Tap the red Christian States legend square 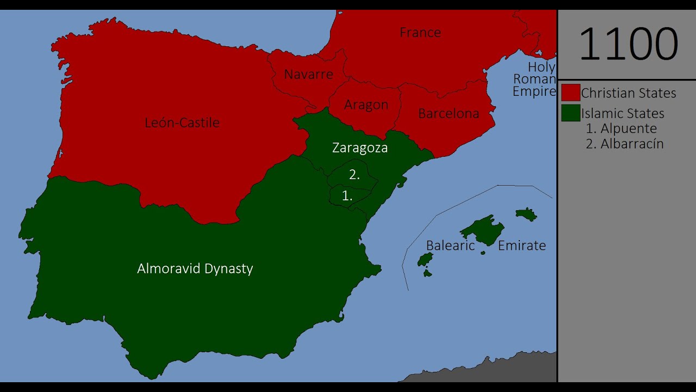(570, 93)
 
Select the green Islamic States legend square (570, 113)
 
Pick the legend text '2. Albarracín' (625, 144)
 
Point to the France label (420, 33)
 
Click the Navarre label (308, 75)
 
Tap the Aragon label (366, 105)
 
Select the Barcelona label (449, 114)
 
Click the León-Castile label (182, 122)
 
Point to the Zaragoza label (360, 148)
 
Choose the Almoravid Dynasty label (195, 268)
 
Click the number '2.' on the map (354, 175)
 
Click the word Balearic (450, 246)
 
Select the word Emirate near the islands (522, 246)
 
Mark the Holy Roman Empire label (535, 79)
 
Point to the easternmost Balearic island (526, 214)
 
